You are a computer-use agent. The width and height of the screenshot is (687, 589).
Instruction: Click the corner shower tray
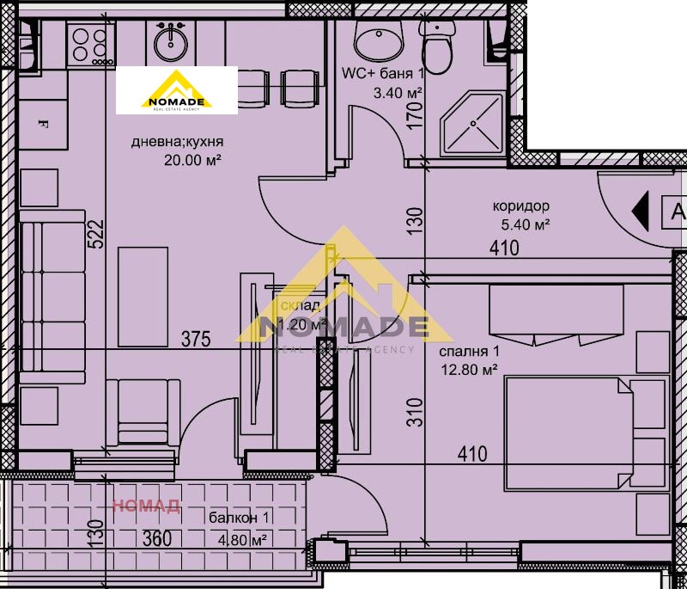[471, 126]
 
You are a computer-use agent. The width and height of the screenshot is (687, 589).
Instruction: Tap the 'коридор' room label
[521, 206]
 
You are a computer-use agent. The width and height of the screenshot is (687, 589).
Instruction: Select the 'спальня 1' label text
[469, 352]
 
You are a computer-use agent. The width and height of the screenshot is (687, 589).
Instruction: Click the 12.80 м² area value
[469, 369]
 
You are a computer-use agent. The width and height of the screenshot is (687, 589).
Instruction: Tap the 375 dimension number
[196, 340]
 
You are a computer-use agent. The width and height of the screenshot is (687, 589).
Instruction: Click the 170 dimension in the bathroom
[416, 114]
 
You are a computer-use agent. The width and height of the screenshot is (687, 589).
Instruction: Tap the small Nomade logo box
[176, 90]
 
